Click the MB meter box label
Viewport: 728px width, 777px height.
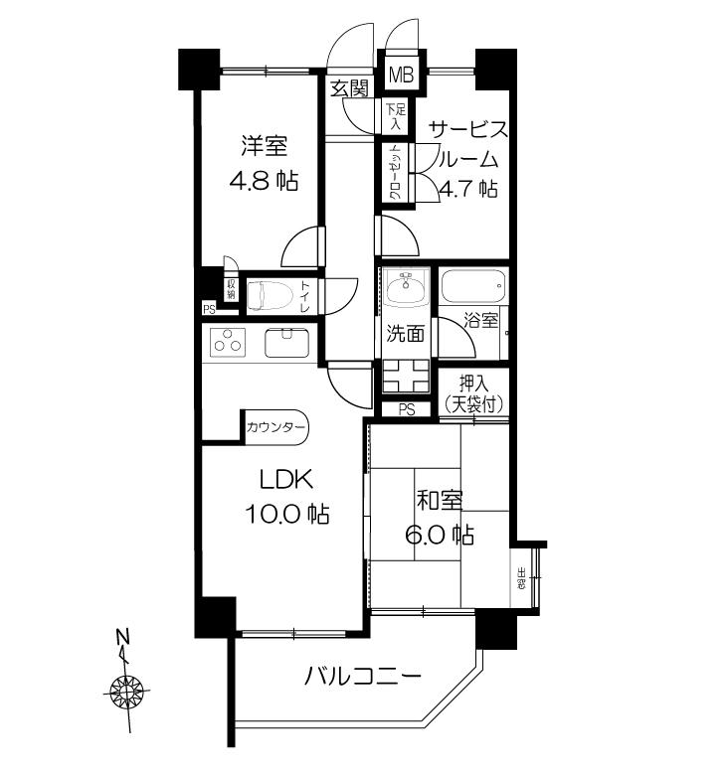[402, 74]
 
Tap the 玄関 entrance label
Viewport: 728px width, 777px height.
[349, 88]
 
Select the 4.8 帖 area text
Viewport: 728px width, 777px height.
[263, 182]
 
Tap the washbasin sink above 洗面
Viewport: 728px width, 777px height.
[404, 289]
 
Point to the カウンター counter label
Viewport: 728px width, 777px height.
[277, 428]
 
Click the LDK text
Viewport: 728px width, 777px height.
[287, 480]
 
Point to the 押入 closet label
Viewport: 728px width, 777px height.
[473, 382]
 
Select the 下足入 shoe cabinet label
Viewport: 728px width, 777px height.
[395, 116]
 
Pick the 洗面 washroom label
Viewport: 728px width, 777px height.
[405, 334]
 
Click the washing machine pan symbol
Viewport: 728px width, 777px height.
[405, 377]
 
